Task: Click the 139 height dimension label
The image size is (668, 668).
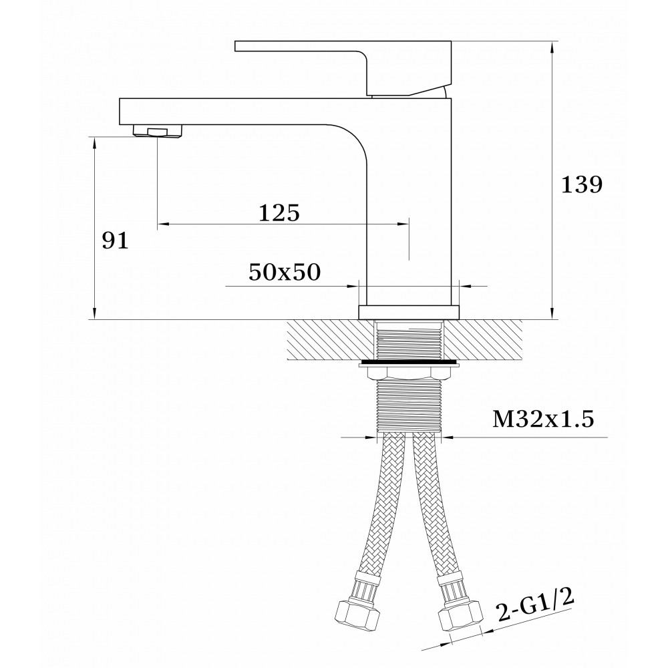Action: coord(582,185)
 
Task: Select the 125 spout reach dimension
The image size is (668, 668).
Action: coord(279,212)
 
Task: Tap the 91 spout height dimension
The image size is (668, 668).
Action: coord(115,241)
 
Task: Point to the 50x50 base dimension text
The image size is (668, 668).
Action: coord(285,272)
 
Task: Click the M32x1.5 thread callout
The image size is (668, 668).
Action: coord(543,420)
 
